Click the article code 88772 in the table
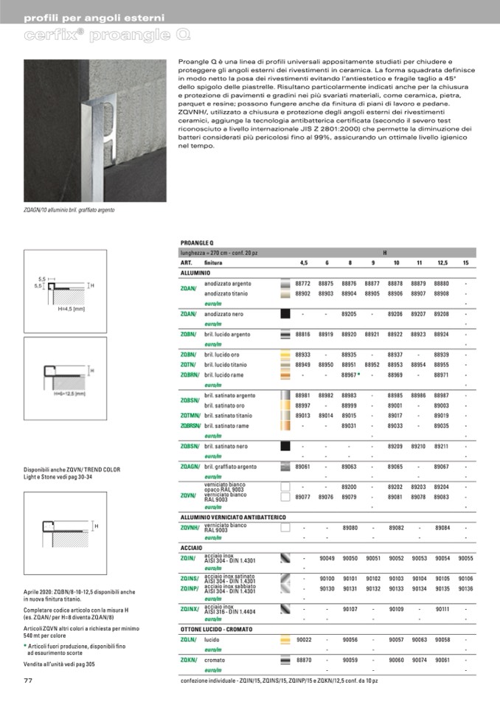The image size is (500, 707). (x=303, y=283)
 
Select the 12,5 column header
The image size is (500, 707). (x=442, y=263)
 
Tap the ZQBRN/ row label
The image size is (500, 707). (x=190, y=375)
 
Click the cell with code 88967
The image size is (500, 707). (x=350, y=375)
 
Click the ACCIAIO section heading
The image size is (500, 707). (x=192, y=548)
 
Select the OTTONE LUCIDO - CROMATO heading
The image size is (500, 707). (x=216, y=629)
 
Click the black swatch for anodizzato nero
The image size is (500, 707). (x=285, y=314)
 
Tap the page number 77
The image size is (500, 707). (x=28, y=680)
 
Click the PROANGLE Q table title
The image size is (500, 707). (x=197, y=243)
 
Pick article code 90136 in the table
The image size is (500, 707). (x=465, y=589)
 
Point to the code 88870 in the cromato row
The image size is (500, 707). (x=303, y=660)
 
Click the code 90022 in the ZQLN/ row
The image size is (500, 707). (x=303, y=640)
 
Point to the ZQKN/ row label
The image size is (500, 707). (x=190, y=660)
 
